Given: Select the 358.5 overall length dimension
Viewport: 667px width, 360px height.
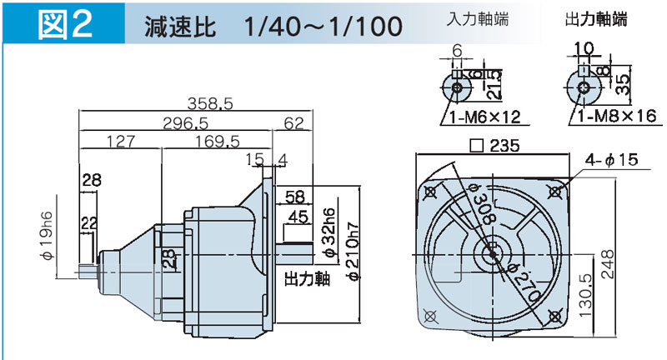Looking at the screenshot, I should pyautogui.click(x=208, y=104).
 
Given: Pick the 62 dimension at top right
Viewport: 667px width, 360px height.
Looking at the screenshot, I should pyautogui.click(x=294, y=122).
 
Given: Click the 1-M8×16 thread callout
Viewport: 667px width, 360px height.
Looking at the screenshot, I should pyautogui.click(x=616, y=117).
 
